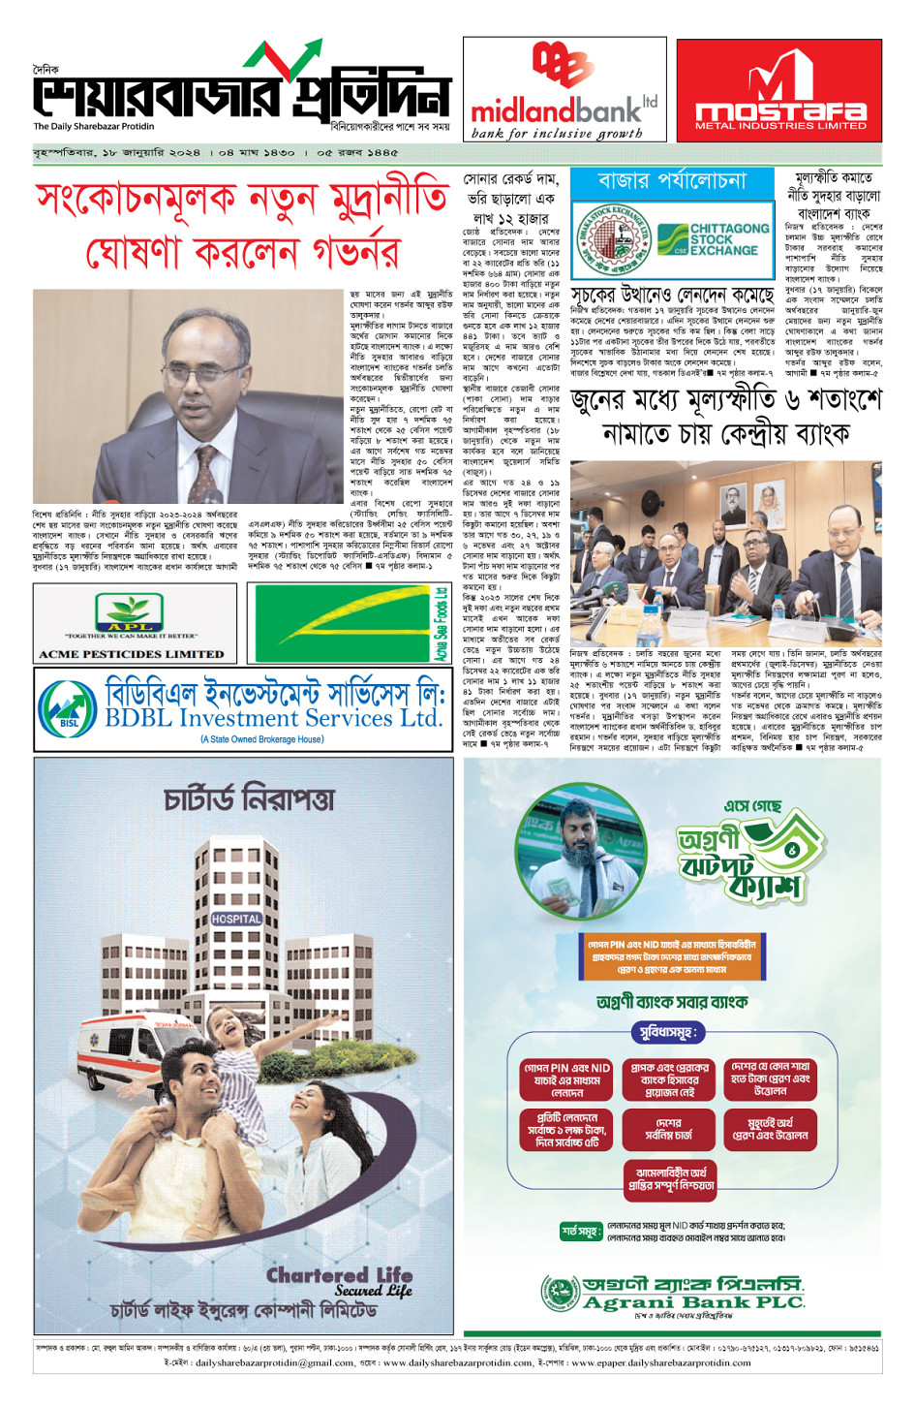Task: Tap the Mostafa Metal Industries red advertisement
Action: pos(779,90)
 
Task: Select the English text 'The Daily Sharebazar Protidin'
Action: pos(94,127)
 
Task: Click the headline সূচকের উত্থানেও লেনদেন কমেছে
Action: pos(672,294)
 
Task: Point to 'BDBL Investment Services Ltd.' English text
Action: pos(273,718)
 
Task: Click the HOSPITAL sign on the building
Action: pos(236,919)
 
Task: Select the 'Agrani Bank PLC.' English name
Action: pos(693,1302)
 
